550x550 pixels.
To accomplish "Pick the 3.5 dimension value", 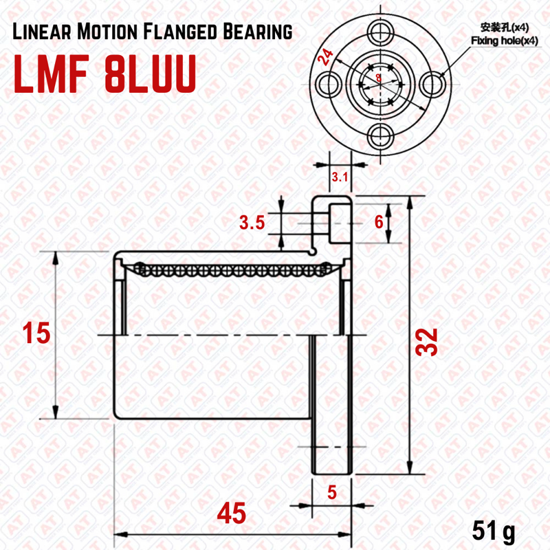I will (252, 223).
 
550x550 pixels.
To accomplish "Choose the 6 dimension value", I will (377, 222).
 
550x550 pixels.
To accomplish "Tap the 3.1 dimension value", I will (340, 178).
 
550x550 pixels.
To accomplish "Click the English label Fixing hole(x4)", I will (505, 42).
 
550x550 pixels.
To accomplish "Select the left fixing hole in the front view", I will (326, 83).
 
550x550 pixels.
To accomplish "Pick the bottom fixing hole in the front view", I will (378, 136).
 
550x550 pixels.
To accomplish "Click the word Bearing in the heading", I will (257, 32).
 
